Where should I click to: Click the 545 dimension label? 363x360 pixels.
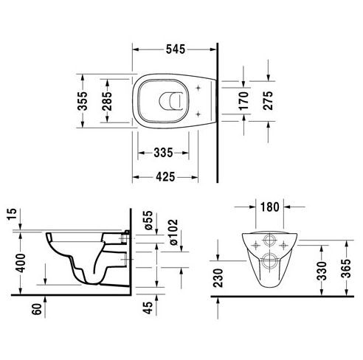pyautogui.click(x=176, y=49)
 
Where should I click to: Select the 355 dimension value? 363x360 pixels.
pyautogui.click(x=83, y=101)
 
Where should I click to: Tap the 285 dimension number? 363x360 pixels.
pyautogui.click(x=107, y=101)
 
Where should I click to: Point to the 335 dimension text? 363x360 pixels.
pyautogui.click(x=163, y=153)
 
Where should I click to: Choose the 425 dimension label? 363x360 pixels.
pyautogui.click(x=165, y=177)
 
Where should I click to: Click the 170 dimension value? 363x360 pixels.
pyautogui.click(x=243, y=101)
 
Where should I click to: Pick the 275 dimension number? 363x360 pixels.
pyautogui.click(x=268, y=100)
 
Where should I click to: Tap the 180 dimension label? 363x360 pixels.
pyautogui.click(x=270, y=207)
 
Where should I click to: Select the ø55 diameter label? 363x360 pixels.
pyautogui.click(x=149, y=221)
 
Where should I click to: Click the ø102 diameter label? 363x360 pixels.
pyautogui.click(x=173, y=232)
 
